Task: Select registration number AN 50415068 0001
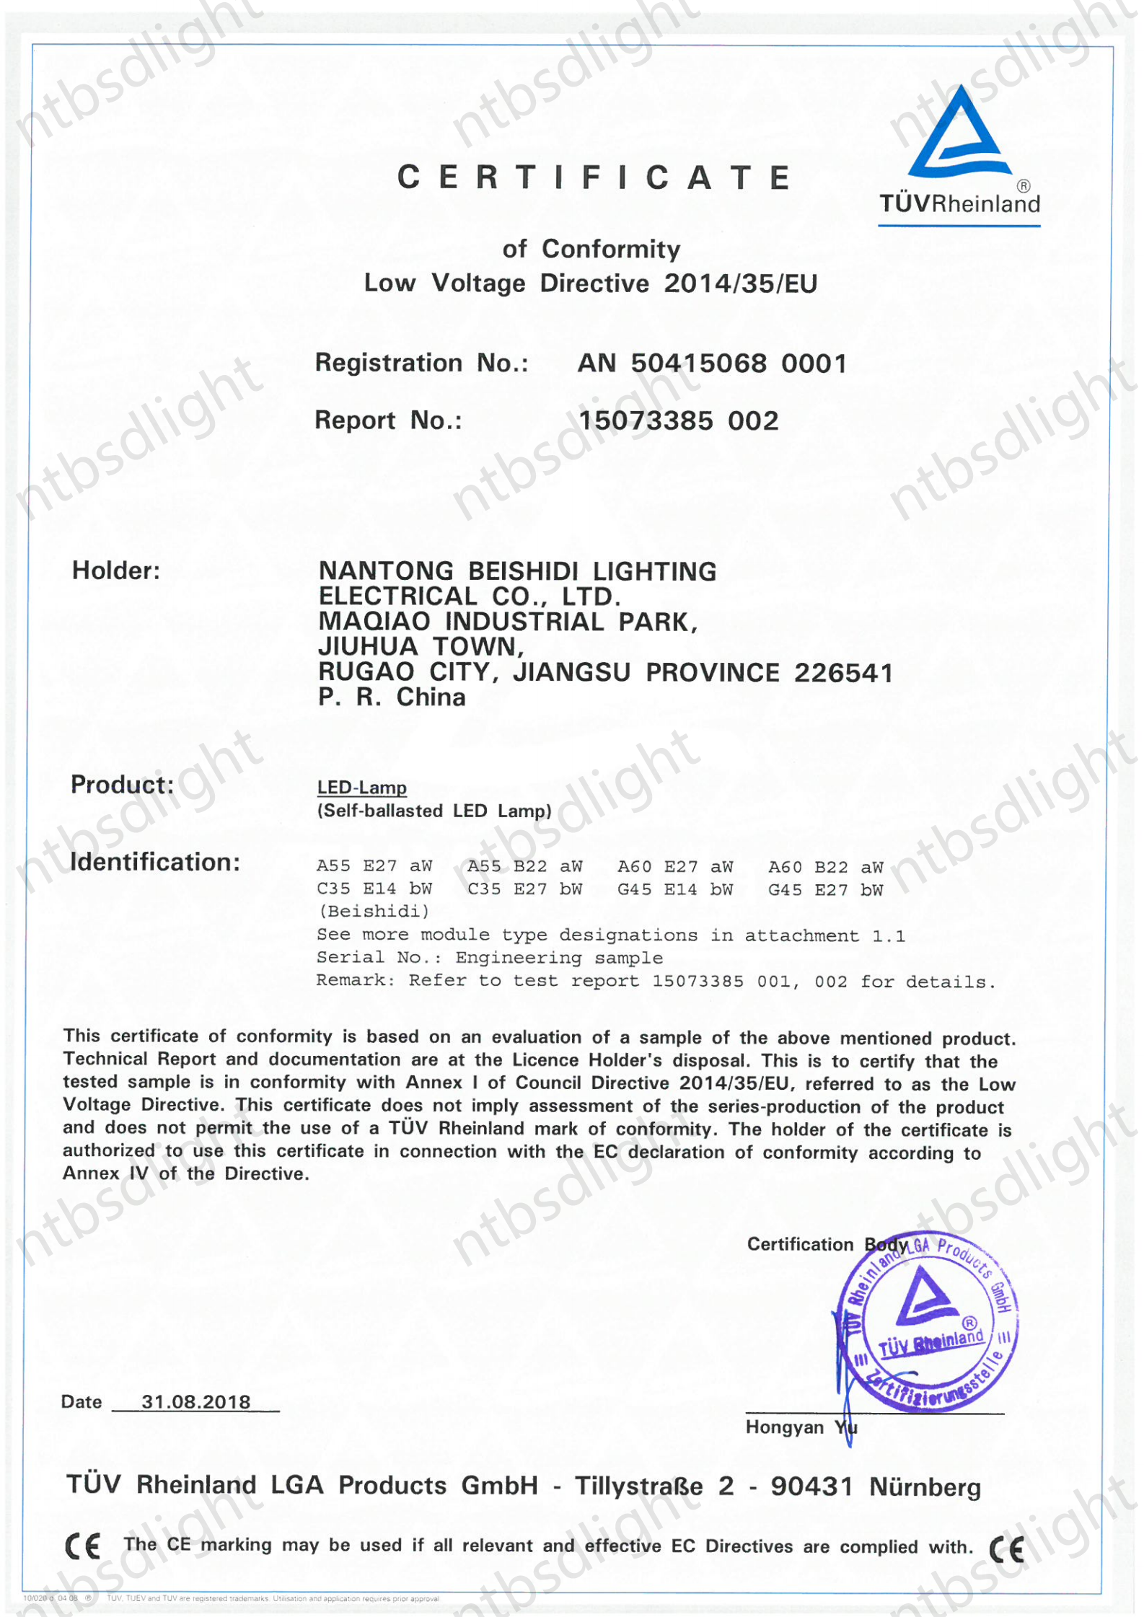[712, 364]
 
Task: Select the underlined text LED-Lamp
[362, 788]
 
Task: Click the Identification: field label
[155, 863]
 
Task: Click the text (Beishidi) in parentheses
[374, 912]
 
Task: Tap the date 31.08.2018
[195, 1402]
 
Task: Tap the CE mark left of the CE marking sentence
[83, 1546]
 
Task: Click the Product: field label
[122, 785]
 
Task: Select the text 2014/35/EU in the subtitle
[741, 284]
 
